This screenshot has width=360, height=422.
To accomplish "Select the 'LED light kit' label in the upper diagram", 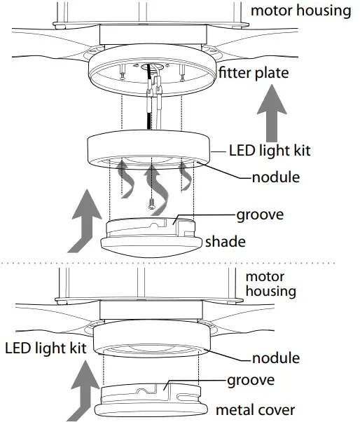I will click(269, 150).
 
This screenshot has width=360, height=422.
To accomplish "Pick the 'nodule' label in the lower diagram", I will click(275, 358).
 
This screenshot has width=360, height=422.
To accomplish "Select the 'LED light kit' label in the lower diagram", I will click(44, 347).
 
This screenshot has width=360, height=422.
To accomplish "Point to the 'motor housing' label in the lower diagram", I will click(270, 283).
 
